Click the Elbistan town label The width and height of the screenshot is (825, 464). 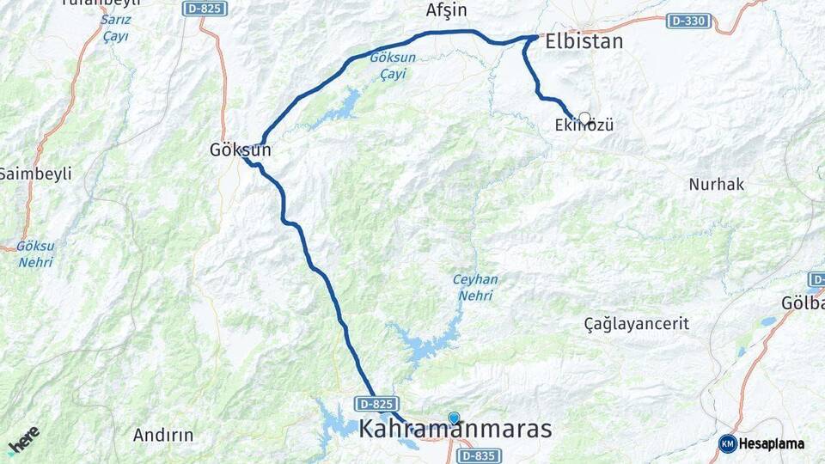(x=584, y=41)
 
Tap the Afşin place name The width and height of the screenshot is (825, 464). (x=446, y=10)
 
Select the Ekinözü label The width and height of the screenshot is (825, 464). (x=584, y=125)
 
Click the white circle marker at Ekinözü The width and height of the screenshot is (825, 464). (x=584, y=119)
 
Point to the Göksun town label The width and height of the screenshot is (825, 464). (x=240, y=150)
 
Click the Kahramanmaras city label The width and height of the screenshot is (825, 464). (x=455, y=430)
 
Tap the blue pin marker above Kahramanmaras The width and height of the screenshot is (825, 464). (x=454, y=418)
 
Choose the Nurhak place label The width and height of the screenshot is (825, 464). (x=716, y=184)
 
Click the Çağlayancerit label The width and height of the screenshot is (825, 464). (x=636, y=324)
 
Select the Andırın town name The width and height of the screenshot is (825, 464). (x=163, y=435)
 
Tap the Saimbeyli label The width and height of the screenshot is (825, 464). (x=34, y=174)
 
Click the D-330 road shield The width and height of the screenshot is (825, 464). (x=688, y=20)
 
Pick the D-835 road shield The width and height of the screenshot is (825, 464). (x=479, y=455)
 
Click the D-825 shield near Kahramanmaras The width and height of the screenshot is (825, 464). (x=378, y=404)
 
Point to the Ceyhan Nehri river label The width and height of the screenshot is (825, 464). (x=474, y=288)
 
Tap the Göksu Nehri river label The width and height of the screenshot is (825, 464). (x=35, y=253)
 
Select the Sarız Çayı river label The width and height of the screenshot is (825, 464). (x=116, y=28)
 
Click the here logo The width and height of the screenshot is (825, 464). (x=23, y=439)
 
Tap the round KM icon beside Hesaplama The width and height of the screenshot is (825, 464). (x=728, y=443)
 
